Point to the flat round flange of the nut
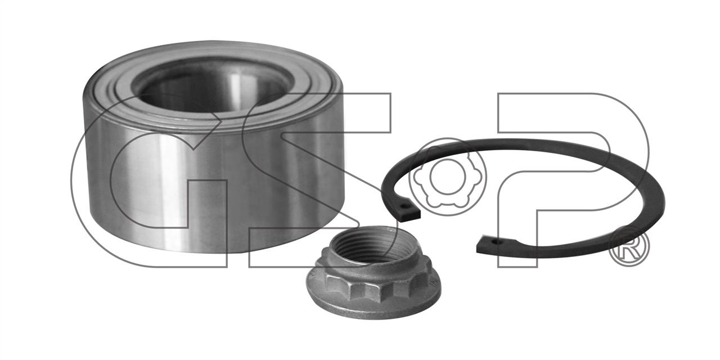[x=373, y=305]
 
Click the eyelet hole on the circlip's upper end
[x=404, y=204]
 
